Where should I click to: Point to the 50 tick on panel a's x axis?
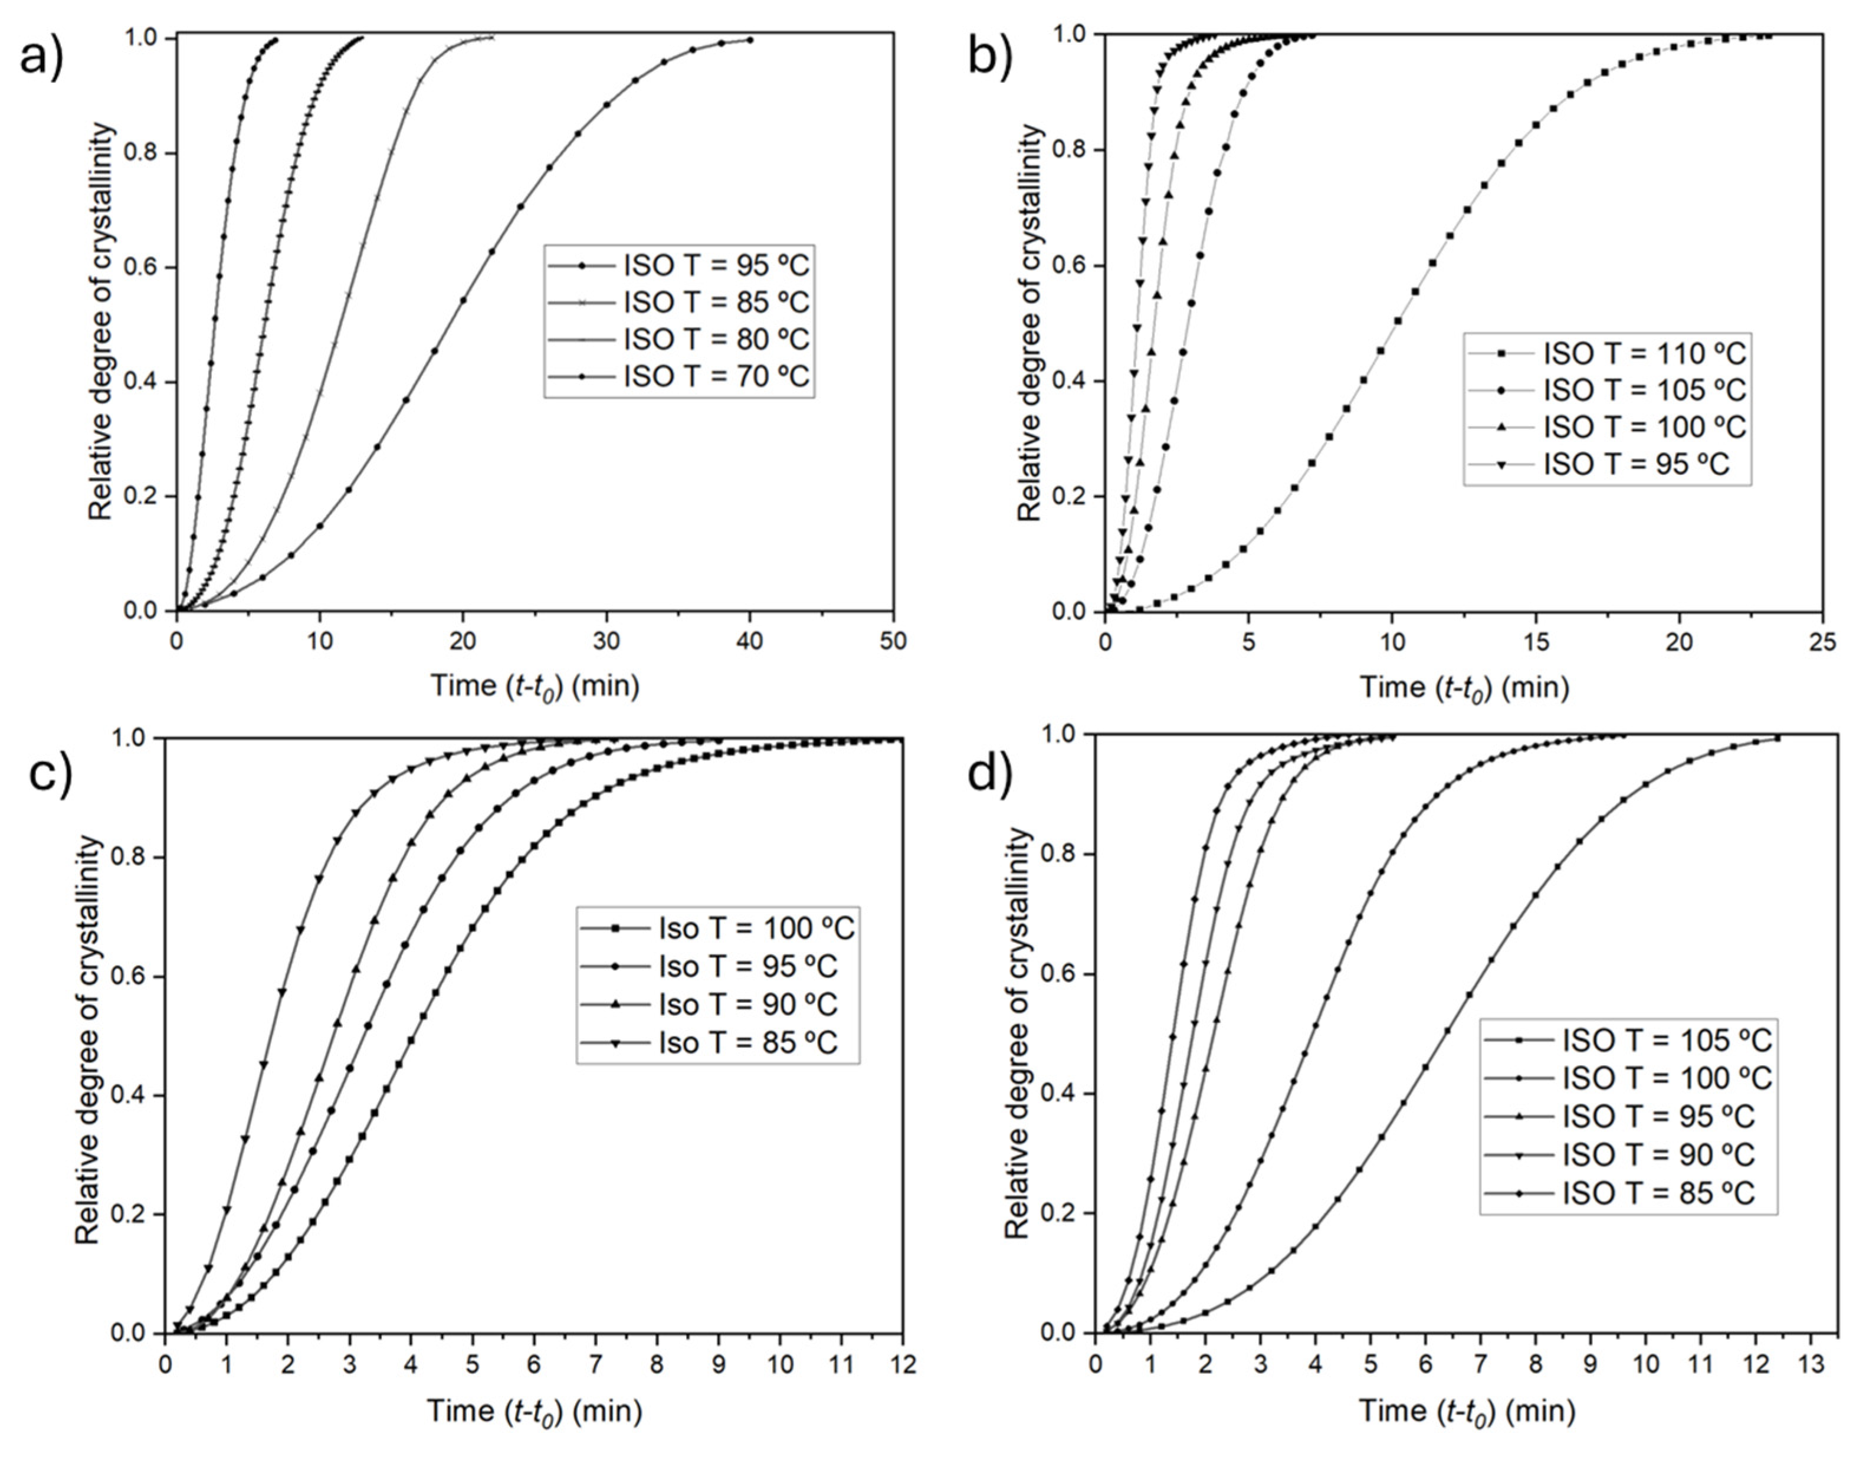tap(893, 641)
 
